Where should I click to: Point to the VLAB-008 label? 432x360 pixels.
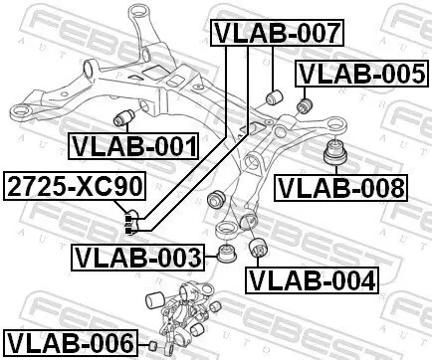[341, 186]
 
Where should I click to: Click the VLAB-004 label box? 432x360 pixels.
[312, 279]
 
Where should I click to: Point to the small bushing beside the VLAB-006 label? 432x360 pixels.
[153, 345]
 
